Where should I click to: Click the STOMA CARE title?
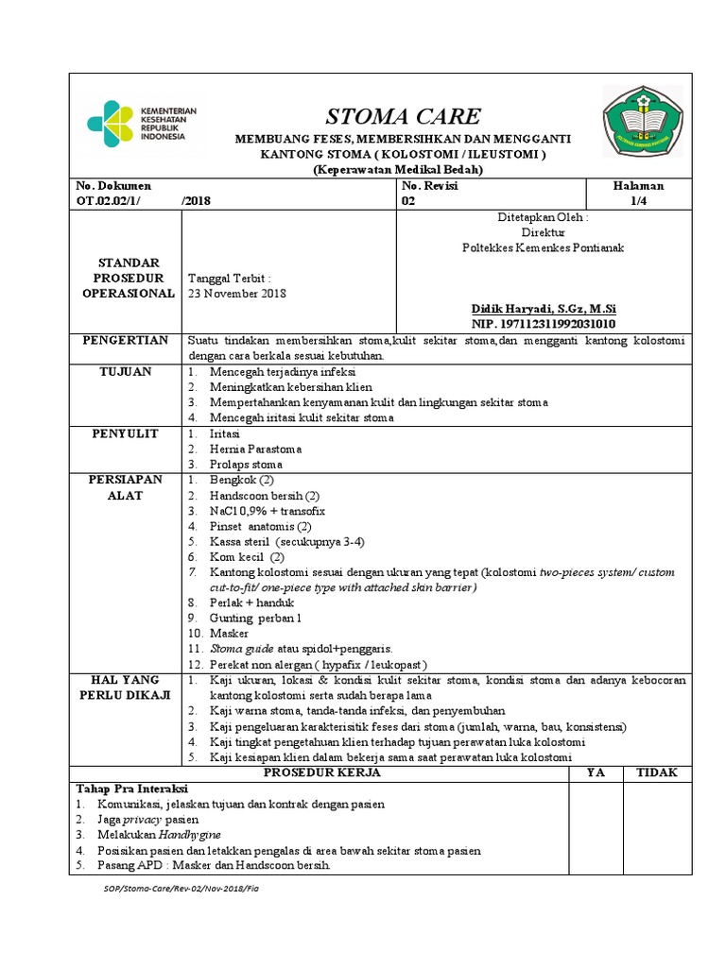(x=403, y=116)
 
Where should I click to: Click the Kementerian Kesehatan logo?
(x=142, y=123)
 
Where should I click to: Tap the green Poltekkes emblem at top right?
(x=642, y=122)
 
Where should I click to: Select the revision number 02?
(x=408, y=201)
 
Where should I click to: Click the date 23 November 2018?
(x=237, y=294)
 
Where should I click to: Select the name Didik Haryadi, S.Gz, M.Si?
(x=544, y=309)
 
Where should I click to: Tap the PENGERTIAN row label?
(x=128, y=340)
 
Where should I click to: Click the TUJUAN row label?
(x=127, y=372)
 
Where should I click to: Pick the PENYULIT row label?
(x=127, y=433)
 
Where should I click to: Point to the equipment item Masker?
(x=230, y=634)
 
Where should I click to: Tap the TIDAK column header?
(x=656, y=772)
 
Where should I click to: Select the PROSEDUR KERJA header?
(x=321, y=772)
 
